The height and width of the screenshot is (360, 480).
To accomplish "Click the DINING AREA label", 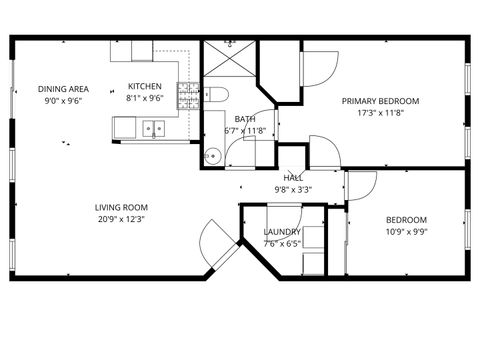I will pyautogui.click(x=64, y=88).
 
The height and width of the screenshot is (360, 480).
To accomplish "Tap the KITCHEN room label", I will pyautogui.click(x=145, y=86).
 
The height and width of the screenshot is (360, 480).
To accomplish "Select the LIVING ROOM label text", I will pyautogui.click(x=118, y=207).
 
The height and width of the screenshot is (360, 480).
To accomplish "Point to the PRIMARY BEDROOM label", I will pyautogui.click(x=380, y=101).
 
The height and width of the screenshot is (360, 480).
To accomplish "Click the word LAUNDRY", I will pyautogui.click(x=282, y=231).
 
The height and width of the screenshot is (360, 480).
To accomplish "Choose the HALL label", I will pyautogui.click(x=293, y=177).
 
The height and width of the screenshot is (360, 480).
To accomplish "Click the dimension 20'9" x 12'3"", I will pyautogui.click(x=118, y=219).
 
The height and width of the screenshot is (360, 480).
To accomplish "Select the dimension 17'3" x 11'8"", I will pyautogui.click(x=380, y=113).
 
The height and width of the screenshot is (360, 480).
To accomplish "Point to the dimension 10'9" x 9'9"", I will pyautogui.click(x=406, y=232).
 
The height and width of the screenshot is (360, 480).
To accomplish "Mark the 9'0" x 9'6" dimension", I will pyautogui.click(x=63, y=100).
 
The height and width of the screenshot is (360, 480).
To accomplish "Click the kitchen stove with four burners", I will pyautogui.click(x=188, y=96).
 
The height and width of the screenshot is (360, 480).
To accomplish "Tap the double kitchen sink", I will pyautogui.click(x=153, y=127).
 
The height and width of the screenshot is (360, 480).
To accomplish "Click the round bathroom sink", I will pyautogui.click(x=211, y=155).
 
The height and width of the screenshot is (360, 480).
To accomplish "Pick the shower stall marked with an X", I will pyautogui.click(x=229, y=63).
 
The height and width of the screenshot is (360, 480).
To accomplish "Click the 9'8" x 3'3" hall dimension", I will pyautogui.click(x=293, y=189).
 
